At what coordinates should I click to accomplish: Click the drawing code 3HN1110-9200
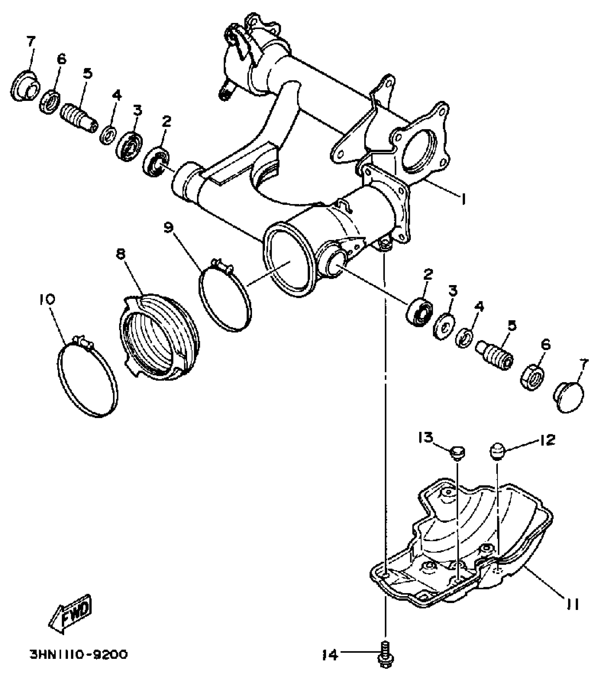(x=79, y=654)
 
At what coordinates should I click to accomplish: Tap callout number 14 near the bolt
(x=330, y=655)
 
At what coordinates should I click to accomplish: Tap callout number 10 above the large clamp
(x=48, y=300)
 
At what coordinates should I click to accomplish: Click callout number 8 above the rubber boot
(x=121, y=254)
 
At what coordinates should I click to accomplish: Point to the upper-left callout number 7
(x=31, y=42)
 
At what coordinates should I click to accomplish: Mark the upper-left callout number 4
(x=117, y=95)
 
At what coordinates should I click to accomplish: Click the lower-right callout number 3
(x=453, y=291)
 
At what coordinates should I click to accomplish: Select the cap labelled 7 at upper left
(x=25, y=86)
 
